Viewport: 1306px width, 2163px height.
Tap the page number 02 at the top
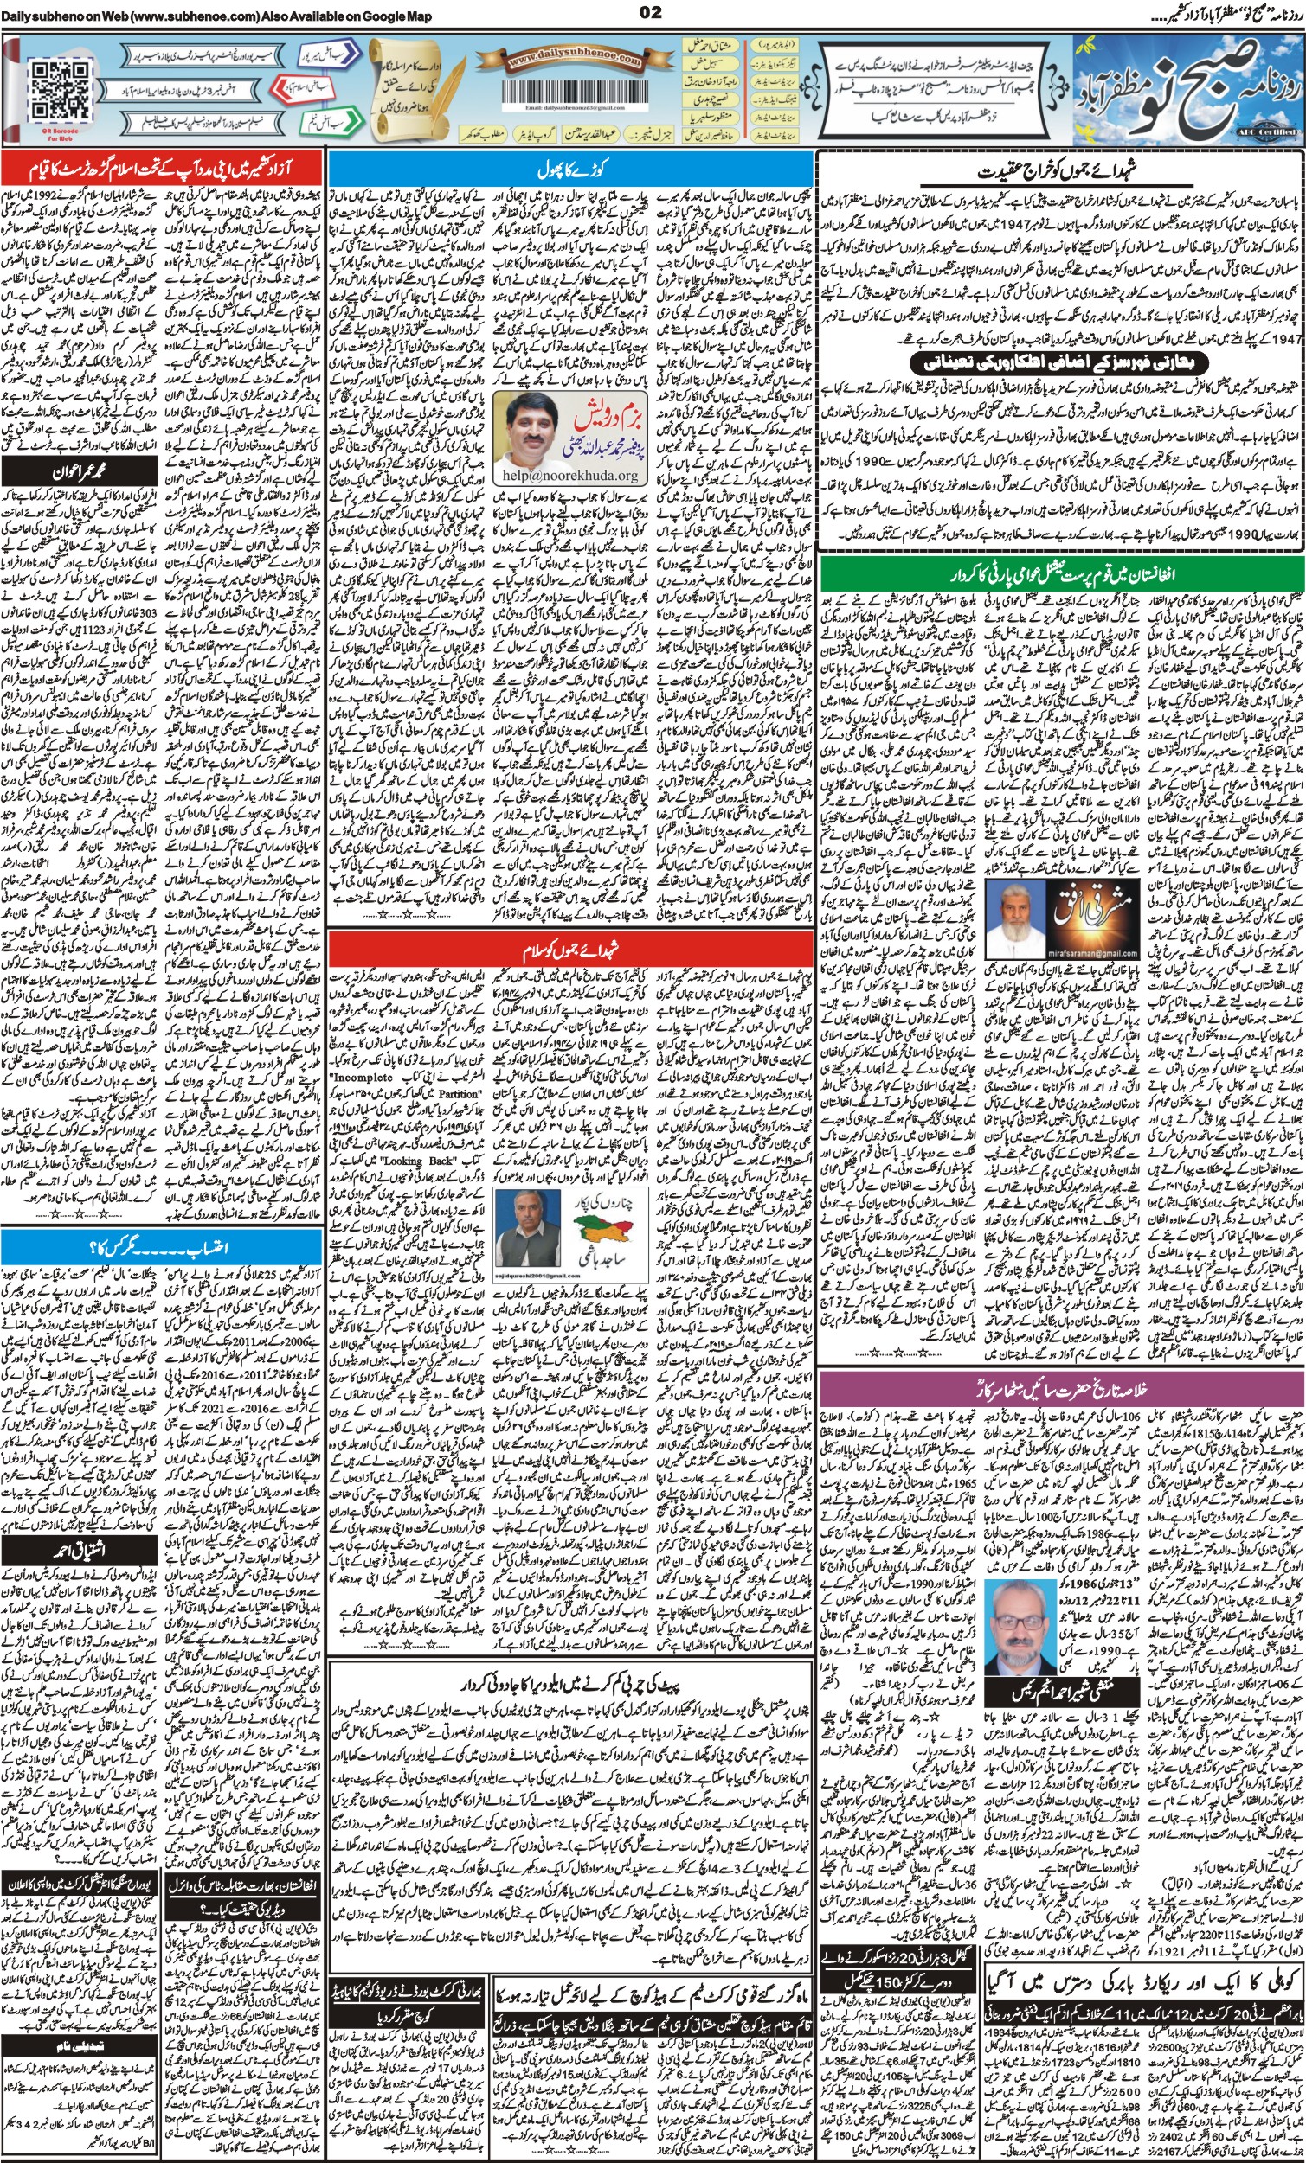[651, 11]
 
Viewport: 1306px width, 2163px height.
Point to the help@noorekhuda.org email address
[569, 475]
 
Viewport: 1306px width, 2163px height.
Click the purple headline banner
[1061, 1389]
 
